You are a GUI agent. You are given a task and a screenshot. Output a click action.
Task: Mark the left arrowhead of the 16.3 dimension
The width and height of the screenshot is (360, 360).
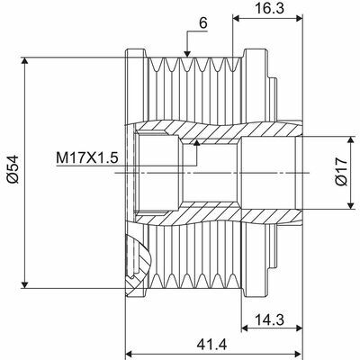(237, 15)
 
